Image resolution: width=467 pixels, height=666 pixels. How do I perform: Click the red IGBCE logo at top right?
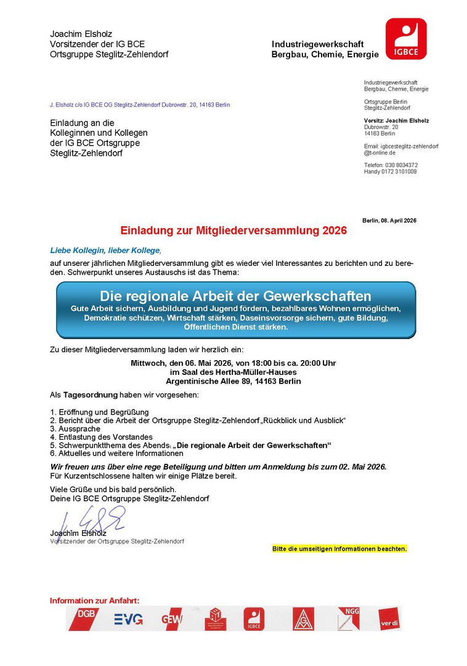coord(406,39)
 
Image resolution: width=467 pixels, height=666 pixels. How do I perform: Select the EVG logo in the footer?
coord(128,619)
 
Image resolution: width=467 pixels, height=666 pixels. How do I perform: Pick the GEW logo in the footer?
coord(171,619)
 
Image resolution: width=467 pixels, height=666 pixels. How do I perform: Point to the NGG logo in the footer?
coord(348,618)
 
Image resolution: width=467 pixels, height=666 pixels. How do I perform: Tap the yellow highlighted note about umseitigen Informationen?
coord(339,548)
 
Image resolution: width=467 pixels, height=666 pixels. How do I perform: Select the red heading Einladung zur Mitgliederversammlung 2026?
coord(225,231)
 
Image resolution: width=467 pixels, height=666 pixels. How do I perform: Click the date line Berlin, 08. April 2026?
coord(389,220)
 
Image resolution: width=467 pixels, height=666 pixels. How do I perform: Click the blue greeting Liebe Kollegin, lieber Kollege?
coord(105,250)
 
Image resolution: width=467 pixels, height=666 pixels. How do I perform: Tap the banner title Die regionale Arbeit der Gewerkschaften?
coord(235,295)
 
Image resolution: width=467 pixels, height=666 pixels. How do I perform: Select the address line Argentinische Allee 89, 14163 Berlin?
coord(233,381)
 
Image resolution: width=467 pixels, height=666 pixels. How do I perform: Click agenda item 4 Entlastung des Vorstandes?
coord(101,437)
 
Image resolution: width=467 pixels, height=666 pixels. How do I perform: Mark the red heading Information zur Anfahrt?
coord(95,601)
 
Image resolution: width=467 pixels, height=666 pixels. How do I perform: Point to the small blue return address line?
coord(140,105)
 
